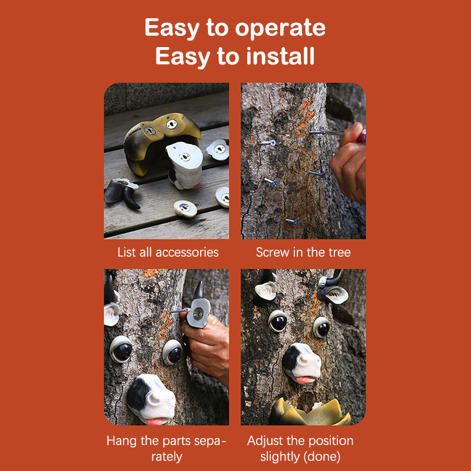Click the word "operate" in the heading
tap(280, 28)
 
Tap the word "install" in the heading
tap(280, 56)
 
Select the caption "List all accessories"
tap(168, 253)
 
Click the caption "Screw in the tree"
tap(303, 253)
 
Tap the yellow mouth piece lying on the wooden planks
tap(161, 142)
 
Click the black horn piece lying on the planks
tap(122, 193)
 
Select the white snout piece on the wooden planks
tap(185, 165)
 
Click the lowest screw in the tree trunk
tap(293, 221)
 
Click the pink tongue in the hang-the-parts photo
tap(154, 421)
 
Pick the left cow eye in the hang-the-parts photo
tap(121, 349)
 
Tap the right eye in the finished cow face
tap(322, 328)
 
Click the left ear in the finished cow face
tap(267, 291)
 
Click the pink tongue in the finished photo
tap(304, 380)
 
